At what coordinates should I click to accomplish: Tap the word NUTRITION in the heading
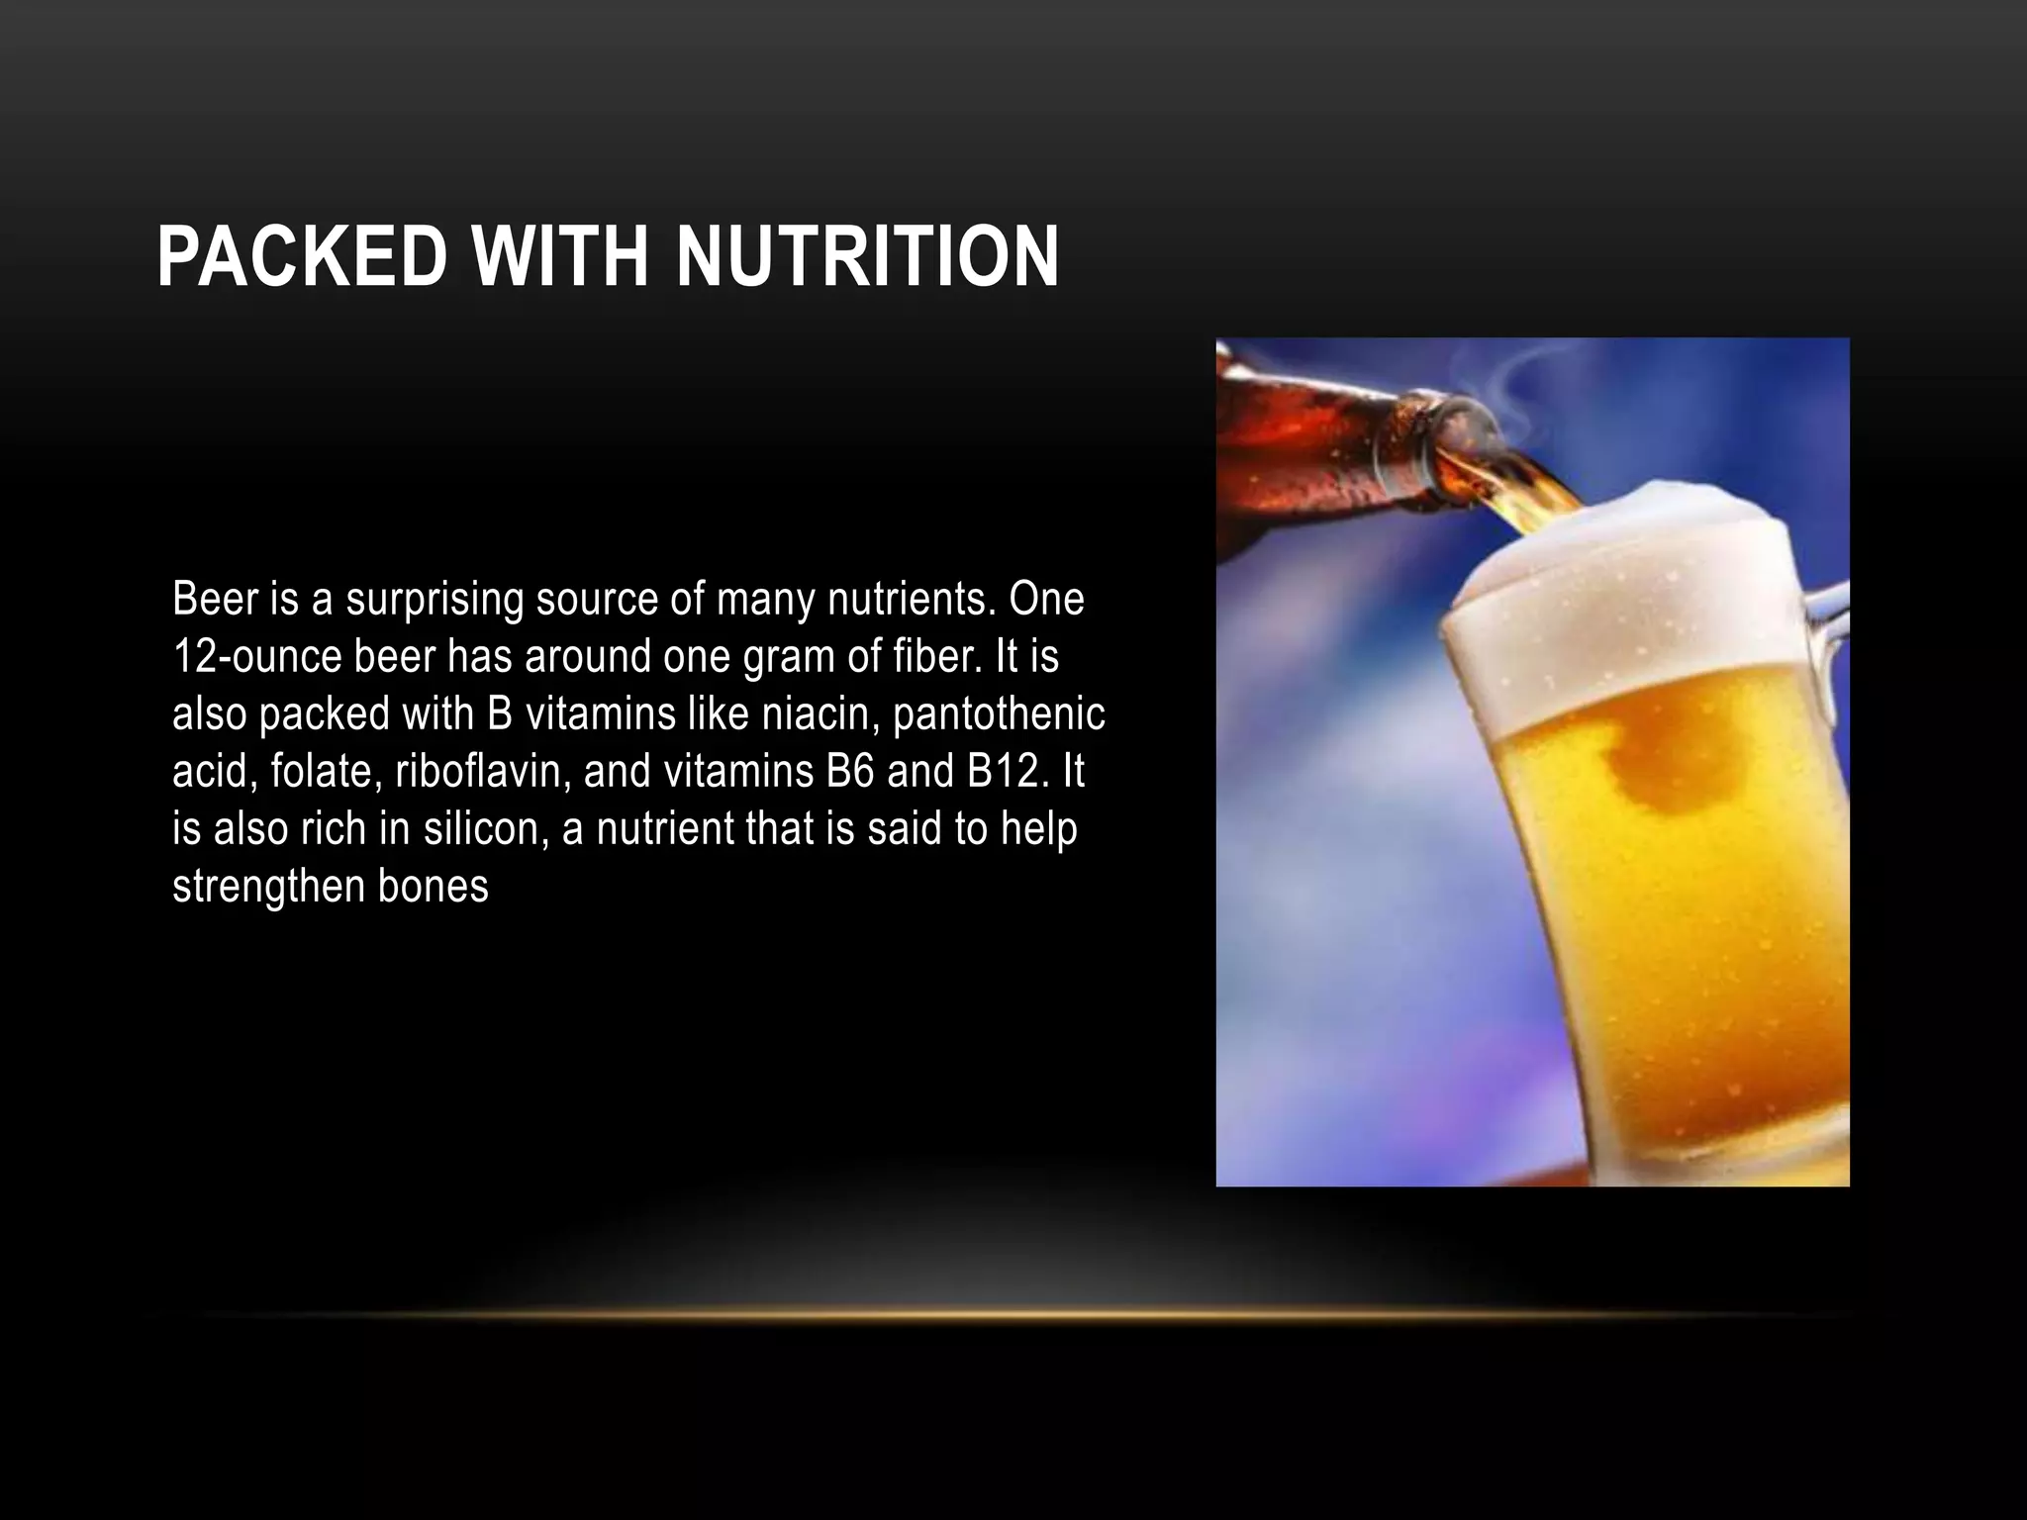pyautogui.click(x=867, y=256)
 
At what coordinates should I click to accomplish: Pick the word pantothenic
pyautogui.click(x=999, y=714)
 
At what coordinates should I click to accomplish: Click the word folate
pyautogui.click(x=326, y=772)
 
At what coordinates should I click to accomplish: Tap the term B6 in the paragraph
pyautogui.click(x=849, y=772)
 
